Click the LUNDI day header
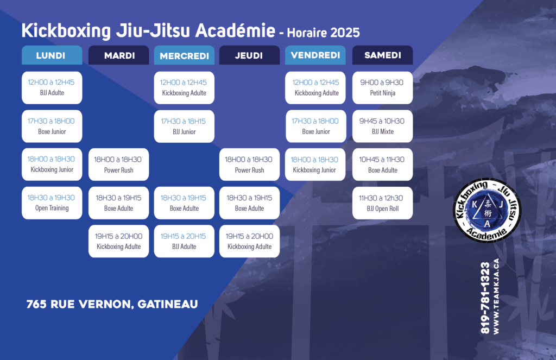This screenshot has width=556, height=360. click(52, 55)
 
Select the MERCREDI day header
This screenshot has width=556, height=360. click(184, 55)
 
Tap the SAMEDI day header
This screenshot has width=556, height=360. click(383, 55)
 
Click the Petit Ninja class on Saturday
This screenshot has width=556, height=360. click(383, 87)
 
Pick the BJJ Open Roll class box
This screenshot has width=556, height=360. click(383, 203)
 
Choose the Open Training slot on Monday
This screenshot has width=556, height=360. click(52, 203)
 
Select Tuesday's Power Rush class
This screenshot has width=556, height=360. click(118, 165)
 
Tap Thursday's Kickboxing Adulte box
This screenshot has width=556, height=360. click(249, 241)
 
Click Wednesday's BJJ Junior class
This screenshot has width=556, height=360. click(184, 127)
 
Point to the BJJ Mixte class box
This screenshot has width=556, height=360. click(383, 127)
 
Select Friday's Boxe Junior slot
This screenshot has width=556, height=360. click(315, 127)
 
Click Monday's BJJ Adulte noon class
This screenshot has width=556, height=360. click(52, 87)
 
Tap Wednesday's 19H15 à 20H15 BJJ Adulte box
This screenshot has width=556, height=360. click(184, 241)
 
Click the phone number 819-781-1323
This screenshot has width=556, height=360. click(485, 298)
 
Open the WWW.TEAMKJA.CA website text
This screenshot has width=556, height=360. click(496, 296)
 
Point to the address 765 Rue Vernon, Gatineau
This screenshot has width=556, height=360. click(112, 304)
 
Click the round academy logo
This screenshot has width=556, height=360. click(487, 210)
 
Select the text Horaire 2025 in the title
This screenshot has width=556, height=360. click(323, 33)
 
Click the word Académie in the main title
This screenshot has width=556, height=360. click(235, 30)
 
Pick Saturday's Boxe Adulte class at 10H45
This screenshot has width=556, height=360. click(383, 165)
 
